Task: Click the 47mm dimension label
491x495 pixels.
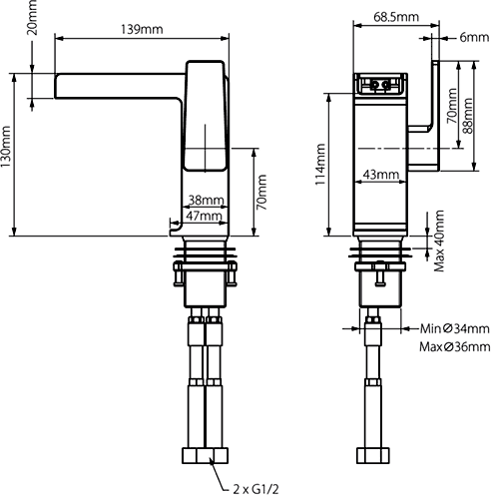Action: click(x=205, y=216)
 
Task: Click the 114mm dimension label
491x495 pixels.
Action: click(x=320, y=165)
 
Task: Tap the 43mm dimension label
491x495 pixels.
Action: click(x=380, y=175)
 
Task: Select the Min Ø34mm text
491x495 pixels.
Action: click(x=454, y=328)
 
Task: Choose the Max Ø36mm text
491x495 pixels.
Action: click(x=454, y=346)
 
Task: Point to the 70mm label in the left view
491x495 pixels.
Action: click(x=261, y=196)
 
